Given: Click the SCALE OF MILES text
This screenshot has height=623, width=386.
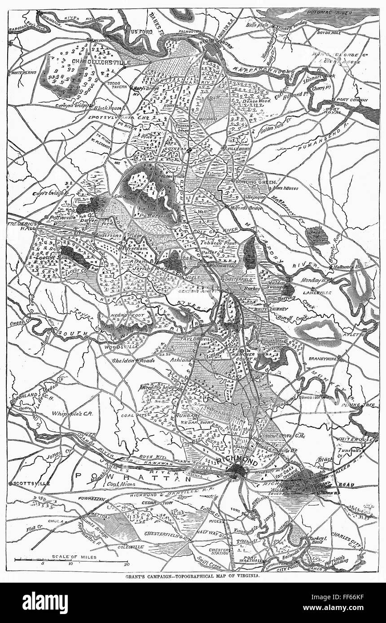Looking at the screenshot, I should pos(71,557).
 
